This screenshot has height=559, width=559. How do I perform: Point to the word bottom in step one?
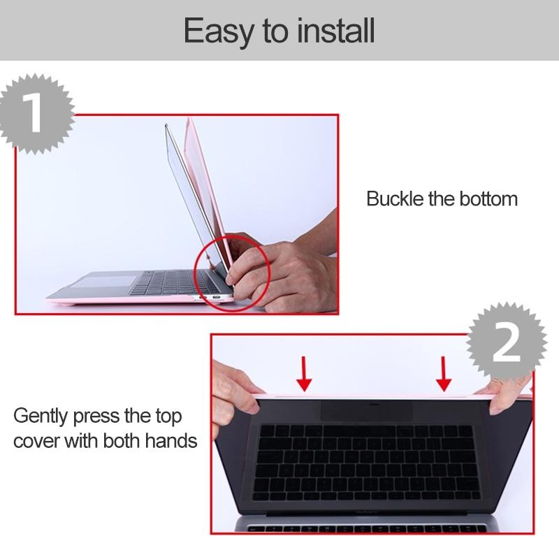coord(488,198)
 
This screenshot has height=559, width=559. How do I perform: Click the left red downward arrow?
coord(303,373)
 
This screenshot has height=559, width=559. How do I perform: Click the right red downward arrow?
coord(443,373)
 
